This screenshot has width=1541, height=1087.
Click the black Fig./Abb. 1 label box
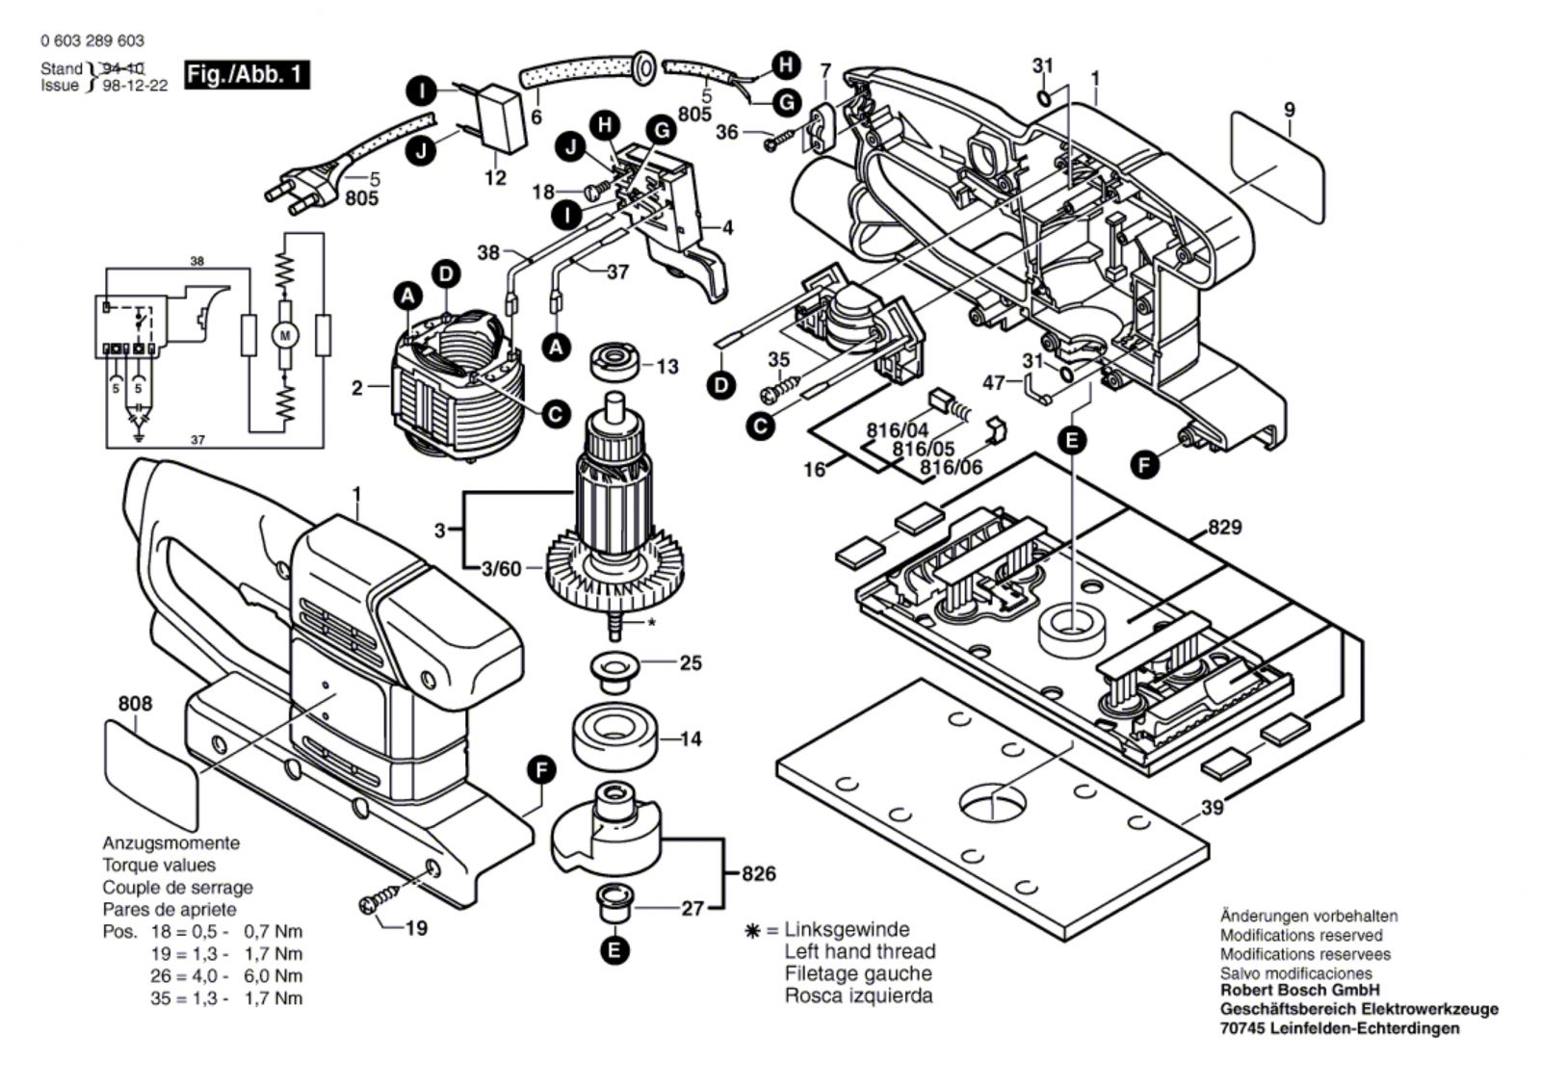tap(247, 74)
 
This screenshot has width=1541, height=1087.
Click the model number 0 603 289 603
tap(92, 40)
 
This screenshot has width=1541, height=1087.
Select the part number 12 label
tap(495, 178)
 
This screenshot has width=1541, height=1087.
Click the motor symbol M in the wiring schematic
tap(284, 335)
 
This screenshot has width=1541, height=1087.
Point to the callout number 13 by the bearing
tap(666, 366)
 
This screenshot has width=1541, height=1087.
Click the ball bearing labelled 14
tap(611, 738)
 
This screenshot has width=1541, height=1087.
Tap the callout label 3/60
tap(501, 569)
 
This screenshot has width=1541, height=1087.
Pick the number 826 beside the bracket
tap(759, 874)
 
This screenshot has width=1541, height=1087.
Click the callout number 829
tap(1224, 528)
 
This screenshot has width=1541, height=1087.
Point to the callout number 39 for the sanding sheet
tap(1212, 808)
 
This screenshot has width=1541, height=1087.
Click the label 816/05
tap(923, 449)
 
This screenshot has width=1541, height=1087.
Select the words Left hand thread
tap(859, 951)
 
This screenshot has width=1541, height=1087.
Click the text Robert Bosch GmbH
tap(1299, 990)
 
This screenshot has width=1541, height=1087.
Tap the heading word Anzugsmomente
tap(171, 843)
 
